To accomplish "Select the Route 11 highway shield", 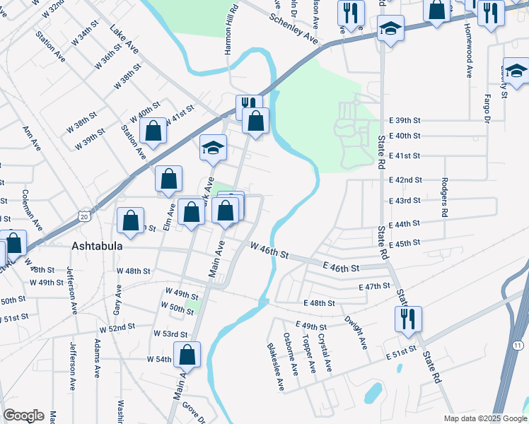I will [518, 344].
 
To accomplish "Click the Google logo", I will [23, 416].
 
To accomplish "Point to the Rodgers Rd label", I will [444, 197].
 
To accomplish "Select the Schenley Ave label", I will [294, 25].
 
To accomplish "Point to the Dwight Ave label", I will [356, 332].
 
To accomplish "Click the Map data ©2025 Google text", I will [484, 418].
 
